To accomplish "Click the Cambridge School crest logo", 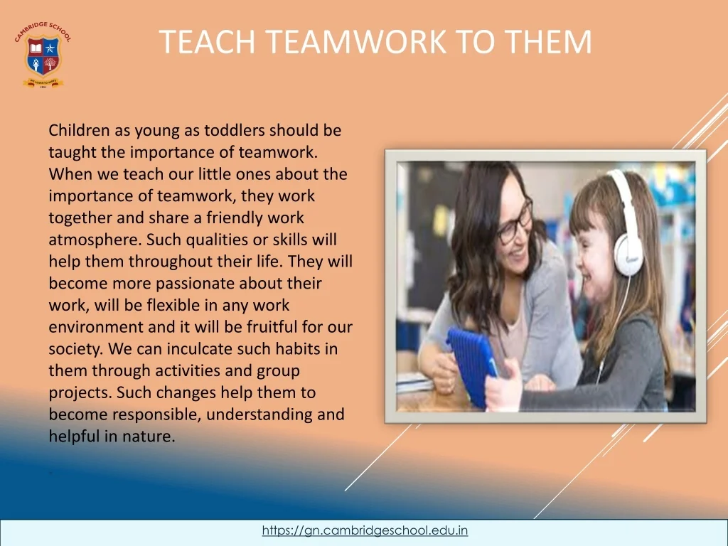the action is tap(43, 55).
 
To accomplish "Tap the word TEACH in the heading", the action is tap(208, 42).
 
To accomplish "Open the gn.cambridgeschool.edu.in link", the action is tap(365, 530).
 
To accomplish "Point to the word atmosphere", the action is tap(95, 240).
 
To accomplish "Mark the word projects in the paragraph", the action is tap(80, 393).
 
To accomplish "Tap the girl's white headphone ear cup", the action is tap(628, 255).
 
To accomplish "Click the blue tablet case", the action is tap(472, 366).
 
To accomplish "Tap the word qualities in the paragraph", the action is tap(217, 240).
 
